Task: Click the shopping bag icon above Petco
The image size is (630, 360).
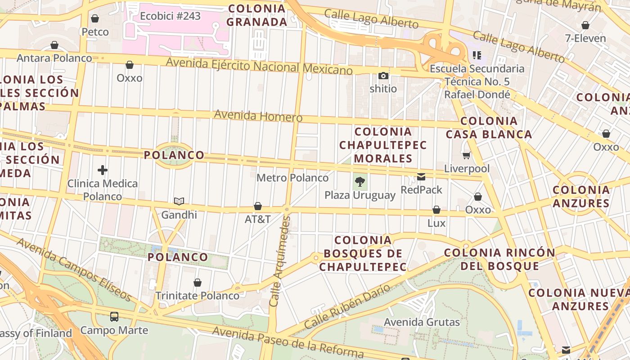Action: (x=94, y=18)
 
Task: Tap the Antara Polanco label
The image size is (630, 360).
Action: (x=54, y=58)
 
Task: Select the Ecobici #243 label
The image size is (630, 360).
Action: (x=170, y=16)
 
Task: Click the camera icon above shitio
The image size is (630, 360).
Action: (x=383, y=76)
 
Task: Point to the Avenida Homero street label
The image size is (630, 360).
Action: (x=258, y=116)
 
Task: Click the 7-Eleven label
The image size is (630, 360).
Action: (x=585, y=38)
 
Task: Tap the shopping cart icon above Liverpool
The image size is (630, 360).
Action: (x=466, y=156)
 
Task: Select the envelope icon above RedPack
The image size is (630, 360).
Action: (x=421, y=177)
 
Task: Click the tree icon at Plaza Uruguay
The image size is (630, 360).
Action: (x=360, y=182)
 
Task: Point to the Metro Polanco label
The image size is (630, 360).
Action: (x=292, y=178)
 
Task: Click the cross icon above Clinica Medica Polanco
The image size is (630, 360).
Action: (x=103, y=170)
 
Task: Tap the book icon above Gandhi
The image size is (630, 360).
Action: (x=179, y=201)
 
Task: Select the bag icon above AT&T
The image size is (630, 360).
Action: (x=258, y=206)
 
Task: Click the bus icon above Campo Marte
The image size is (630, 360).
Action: (x=114, y=316)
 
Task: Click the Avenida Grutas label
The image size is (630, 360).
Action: (x=422, y=322)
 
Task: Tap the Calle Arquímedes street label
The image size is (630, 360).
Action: (x=280, y=261)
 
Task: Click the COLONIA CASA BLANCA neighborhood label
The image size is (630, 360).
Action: (x=489, y=127)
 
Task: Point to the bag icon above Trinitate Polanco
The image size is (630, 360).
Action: (x=197, y=283)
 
